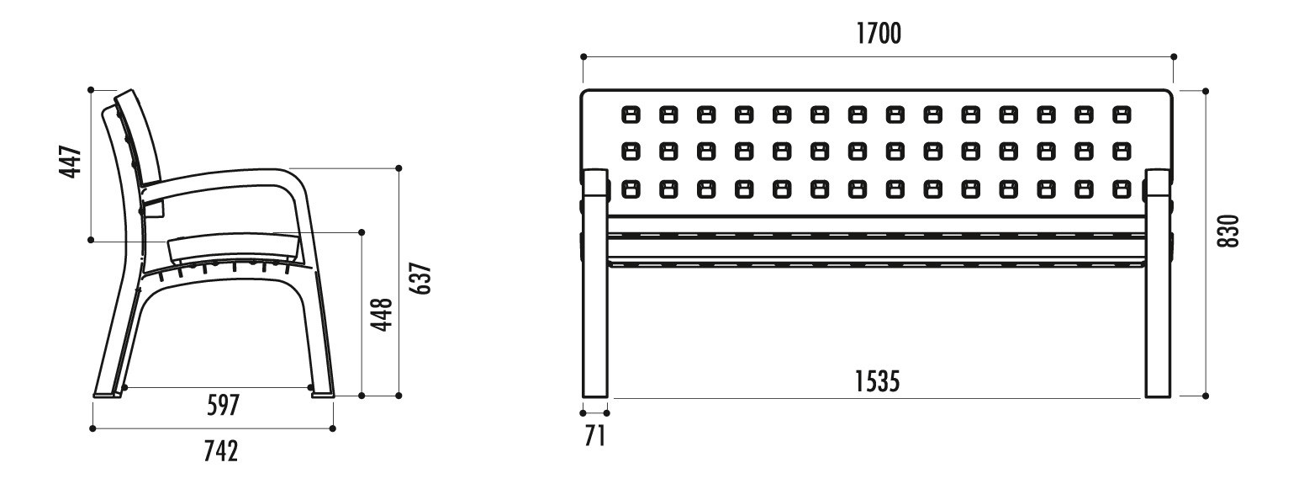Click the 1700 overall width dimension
point(879,34)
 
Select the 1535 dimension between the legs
point(877,382)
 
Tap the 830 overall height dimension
point(1229,231)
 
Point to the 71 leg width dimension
point(595,436)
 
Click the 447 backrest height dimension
point(71,162)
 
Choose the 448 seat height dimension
point(383,315)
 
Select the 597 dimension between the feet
point(223,405)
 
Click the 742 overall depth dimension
point(220,450)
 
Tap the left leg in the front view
point(595,284)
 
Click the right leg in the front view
point(1158,284)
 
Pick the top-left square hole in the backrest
point(631,114)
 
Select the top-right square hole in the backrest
point(1122,114)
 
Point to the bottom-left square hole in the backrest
point(631,189)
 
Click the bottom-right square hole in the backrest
point(1122,189)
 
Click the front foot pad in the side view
point(323,395)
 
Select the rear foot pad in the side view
point(107,395)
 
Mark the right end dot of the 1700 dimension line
point(1174,56)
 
